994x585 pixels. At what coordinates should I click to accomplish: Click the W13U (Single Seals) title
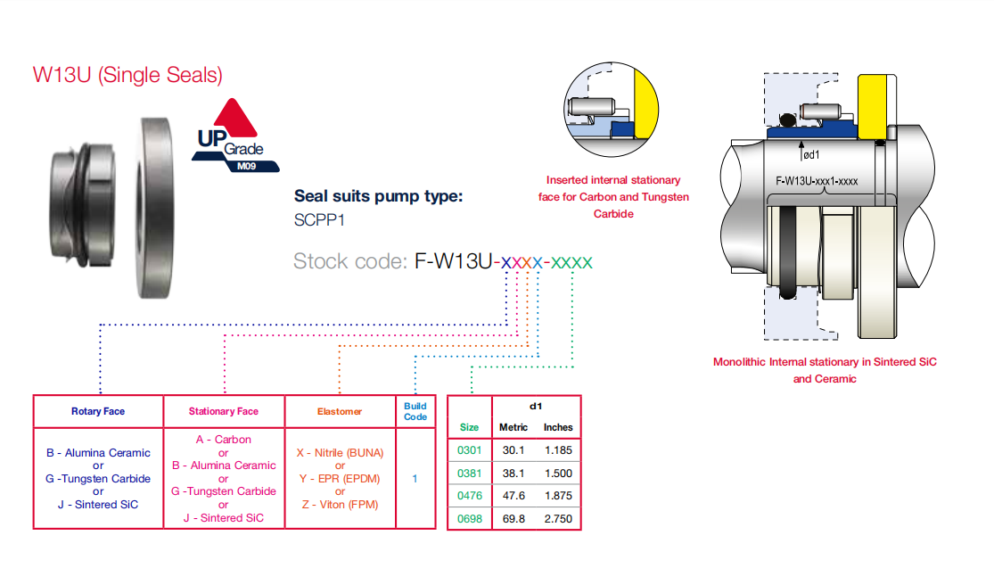127,75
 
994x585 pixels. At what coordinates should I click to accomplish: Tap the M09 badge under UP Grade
247,166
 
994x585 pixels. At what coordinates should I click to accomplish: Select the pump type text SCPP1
319,220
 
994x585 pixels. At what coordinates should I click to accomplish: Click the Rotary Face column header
98,411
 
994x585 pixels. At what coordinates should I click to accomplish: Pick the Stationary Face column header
224,411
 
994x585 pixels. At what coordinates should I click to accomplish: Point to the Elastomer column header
340,411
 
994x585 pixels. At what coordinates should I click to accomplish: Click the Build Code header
415,411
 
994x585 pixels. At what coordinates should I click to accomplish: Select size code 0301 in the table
469,450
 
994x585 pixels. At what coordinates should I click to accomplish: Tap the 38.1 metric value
513,473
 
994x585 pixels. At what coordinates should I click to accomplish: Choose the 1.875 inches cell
558,496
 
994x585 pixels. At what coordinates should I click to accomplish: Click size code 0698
469,518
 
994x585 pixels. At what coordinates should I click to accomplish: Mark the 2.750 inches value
558,518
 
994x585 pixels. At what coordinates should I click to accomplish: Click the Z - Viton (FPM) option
340,505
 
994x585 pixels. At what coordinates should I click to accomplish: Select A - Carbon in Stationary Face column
223,440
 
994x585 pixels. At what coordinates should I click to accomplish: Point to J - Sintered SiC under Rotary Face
98,505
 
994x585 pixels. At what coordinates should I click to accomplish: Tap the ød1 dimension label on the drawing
810,154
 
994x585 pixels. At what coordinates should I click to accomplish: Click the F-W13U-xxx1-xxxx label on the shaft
817,181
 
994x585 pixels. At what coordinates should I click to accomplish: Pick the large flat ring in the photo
156,207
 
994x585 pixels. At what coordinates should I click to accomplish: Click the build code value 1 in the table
415,479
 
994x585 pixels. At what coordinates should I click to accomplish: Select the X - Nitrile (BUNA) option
340,452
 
